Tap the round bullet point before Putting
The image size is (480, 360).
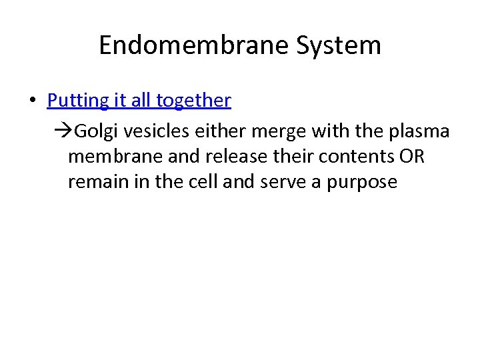tap(32, 101)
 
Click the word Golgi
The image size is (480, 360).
tap(92, 131)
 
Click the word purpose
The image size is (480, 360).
tap(362, 182)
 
